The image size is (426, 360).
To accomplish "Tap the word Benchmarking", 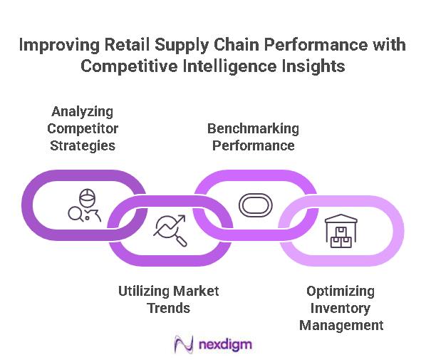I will click(253, 129).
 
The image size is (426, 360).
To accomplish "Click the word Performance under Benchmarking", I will click(253, 145).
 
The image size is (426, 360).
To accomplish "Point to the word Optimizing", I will click(341, 291).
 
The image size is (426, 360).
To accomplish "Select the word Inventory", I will click(341, 308).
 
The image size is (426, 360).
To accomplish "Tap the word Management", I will click(341, 325).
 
